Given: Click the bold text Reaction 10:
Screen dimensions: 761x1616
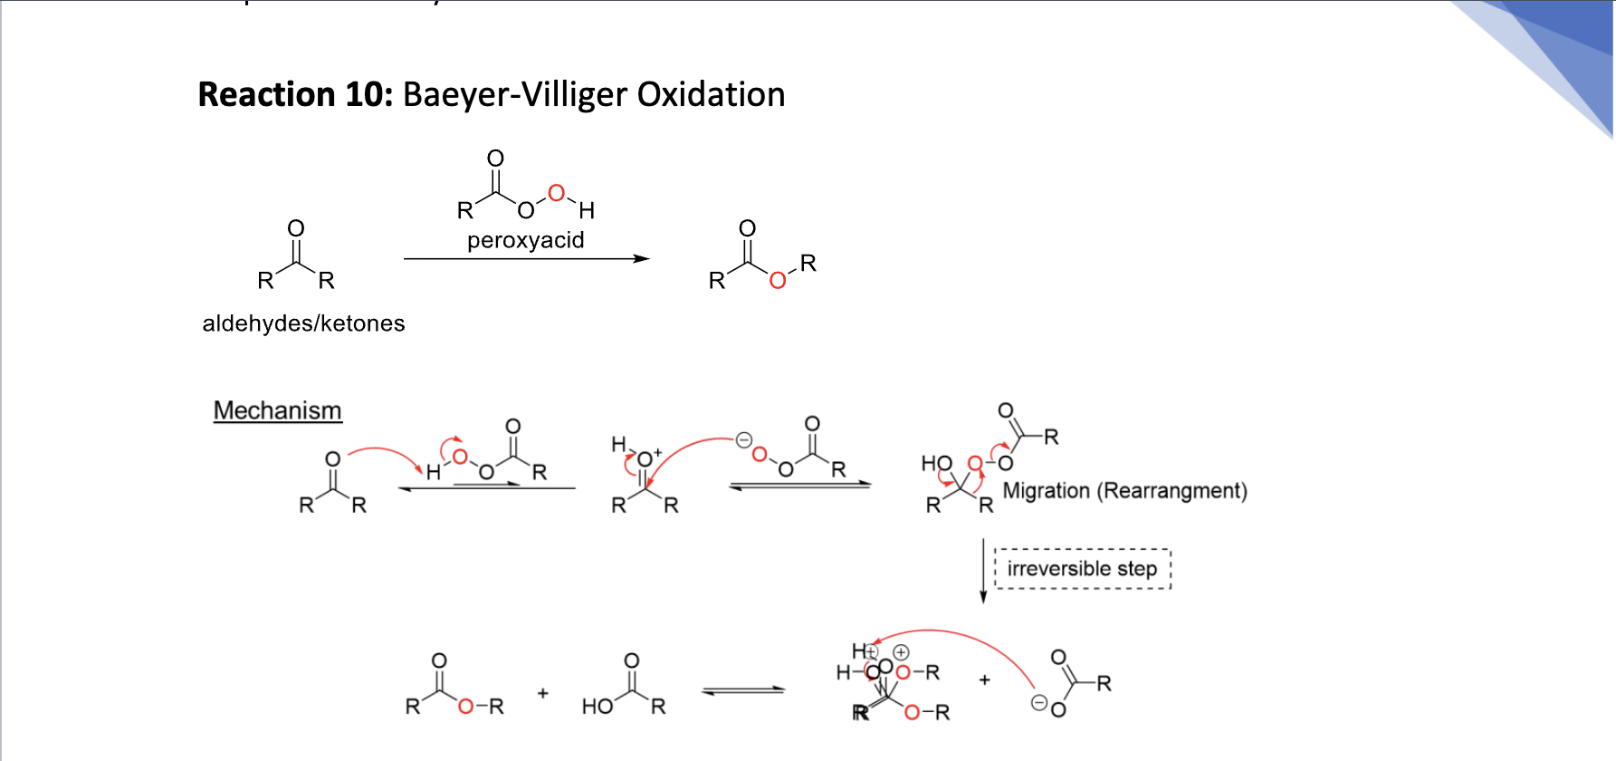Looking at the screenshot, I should point(295,95).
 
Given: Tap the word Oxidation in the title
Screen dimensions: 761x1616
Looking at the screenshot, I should point(711,95).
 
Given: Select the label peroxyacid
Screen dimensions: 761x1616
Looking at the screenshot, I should point(525,240).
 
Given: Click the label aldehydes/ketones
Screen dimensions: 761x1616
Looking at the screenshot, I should point(303,323).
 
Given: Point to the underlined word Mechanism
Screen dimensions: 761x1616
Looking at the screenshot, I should point(277,410).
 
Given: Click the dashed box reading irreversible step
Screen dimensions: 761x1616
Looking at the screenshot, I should point(1082,569).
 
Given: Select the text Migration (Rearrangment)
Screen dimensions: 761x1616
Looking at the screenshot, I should point(1124,491).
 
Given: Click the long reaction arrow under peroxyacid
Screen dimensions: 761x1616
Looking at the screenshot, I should point(526,259).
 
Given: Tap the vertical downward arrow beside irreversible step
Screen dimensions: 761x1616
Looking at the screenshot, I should point(983,571).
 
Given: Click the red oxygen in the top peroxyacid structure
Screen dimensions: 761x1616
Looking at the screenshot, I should point(556,193).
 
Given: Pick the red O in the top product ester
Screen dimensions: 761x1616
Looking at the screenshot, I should point(777,281).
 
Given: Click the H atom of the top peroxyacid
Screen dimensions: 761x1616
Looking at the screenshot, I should point(587,211).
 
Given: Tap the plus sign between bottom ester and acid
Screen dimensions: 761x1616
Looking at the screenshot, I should point(542,693).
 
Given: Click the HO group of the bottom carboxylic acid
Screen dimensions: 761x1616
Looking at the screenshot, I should point(598,707).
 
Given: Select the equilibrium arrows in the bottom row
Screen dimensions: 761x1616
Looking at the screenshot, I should point(743,691).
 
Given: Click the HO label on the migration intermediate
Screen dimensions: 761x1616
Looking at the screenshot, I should point(936,464).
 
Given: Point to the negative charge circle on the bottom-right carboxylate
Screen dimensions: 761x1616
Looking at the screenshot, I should point(1039,702).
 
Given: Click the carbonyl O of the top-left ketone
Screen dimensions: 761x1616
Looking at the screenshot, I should point(296,228).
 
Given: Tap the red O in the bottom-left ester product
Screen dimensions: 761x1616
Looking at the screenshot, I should point(465,707).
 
